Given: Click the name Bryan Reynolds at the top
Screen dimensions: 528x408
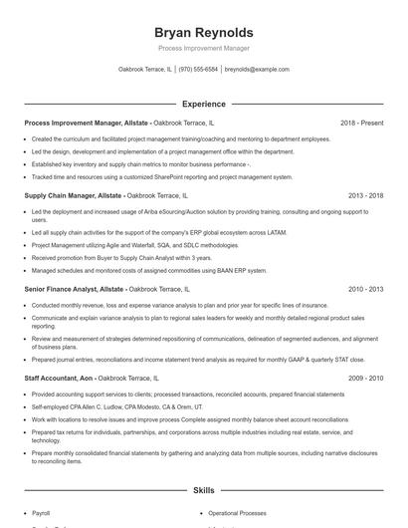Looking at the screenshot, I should coord(204,32).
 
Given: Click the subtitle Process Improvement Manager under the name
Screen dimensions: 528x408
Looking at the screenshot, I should coord(204,48).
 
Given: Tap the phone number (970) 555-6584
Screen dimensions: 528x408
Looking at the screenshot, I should coord(198,70).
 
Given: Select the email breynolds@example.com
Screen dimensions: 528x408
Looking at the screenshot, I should coord(257,70).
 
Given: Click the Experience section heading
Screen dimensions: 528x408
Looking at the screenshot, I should coord(204,104).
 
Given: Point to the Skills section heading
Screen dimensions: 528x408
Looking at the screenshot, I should coord(204,490).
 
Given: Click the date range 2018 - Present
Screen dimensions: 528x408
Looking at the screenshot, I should coord(361,123).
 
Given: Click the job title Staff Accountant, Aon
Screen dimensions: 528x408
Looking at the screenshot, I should coord(57,379).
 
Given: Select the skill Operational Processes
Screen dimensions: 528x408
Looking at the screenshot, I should coord(237,513).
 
